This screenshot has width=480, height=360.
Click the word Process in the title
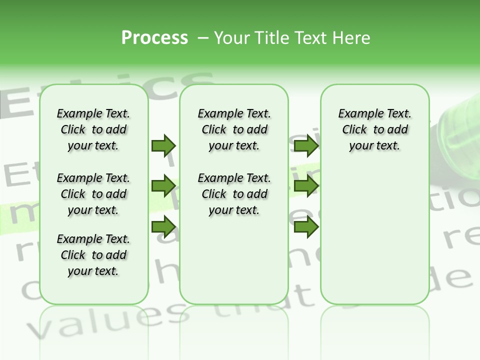tap(154, 37)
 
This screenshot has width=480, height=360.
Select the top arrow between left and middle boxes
tap(163, 145)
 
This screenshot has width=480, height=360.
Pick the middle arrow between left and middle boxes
tap(163, 186)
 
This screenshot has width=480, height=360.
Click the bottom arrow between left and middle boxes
tap(163, 227)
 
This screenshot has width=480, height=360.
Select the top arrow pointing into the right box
tap(306, 145)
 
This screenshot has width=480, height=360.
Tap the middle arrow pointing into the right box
tap(306, 186)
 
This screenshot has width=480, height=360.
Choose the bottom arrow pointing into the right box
tap(306, 227)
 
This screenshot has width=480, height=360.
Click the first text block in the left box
tap(93, 129)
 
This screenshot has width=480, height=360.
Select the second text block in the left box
tap(93, 194)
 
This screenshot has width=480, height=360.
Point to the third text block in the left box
tap(93, 255)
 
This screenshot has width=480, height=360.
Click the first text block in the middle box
tap(234, 129)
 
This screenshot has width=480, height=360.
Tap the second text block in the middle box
tap(234, 194)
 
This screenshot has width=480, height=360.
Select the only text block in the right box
tap(375, 129)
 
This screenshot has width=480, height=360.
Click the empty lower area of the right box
tap(375, 240)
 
